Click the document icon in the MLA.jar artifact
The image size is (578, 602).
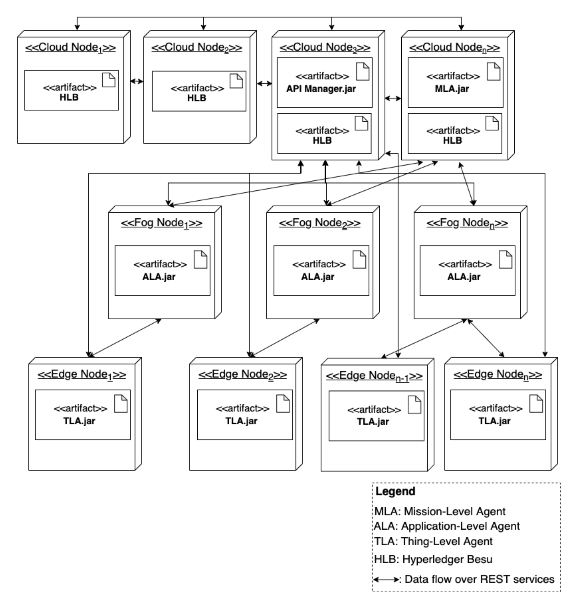[493, 71]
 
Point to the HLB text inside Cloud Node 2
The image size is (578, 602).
[197, 98]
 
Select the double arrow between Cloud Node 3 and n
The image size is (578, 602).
[393, 98]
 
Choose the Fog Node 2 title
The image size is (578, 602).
[319, 223]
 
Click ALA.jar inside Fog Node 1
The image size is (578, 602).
[159, 277]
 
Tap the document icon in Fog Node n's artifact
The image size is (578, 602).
[505, 259]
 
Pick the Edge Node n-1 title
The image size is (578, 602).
[374, 376]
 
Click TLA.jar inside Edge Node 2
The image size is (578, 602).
[241, 421]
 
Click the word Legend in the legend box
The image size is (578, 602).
[395, 491]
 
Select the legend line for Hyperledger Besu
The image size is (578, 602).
[433, 559]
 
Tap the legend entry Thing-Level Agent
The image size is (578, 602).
[433, 541]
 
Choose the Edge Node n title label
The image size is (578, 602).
[497, 374]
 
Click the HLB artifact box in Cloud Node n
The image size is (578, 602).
[455, 134]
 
